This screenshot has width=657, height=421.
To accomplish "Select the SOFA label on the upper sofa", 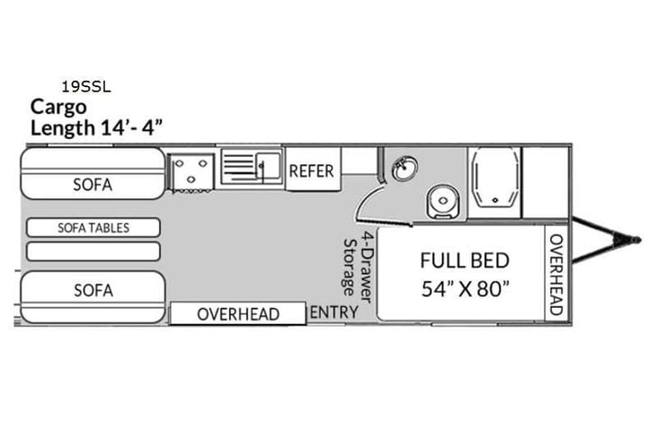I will pyautogui.click(x=93, y=186).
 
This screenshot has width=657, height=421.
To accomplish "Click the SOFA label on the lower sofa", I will pyautogui.click(x=93, y=290).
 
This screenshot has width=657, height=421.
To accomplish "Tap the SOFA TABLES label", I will pyautogui.click(x=93, y=228).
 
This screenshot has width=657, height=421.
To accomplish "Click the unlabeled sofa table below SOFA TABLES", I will pyautogui.click(x=93, y=250).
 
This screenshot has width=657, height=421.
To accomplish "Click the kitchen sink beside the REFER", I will pyautogui.click(x=253, y=167).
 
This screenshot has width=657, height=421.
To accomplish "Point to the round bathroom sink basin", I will pyautogui.click(x=404, y=167).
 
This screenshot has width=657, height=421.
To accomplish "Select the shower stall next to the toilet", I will pyautogui.click(x=494, y=183).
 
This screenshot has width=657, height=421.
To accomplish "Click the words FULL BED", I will pyautogui.click(x=465, y=261).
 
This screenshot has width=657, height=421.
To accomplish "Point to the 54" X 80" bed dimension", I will pyautogui.click(x=465, y=289).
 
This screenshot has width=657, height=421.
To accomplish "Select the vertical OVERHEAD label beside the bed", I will pyautogui.click(x=555, y=274).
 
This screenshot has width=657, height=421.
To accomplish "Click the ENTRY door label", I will pyautogui.click(x=333, y=312).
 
